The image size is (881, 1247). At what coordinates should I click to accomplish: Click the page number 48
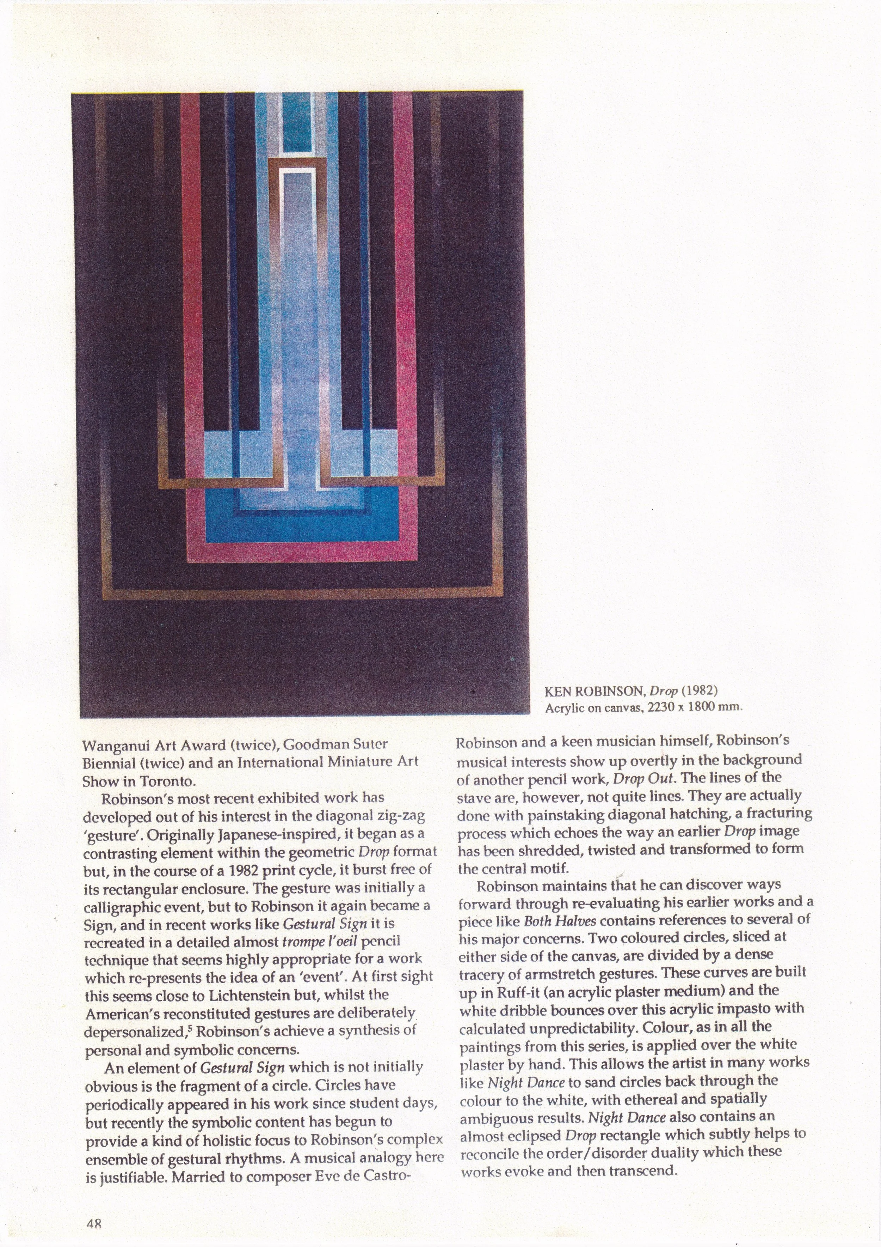coord(94,1224)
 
